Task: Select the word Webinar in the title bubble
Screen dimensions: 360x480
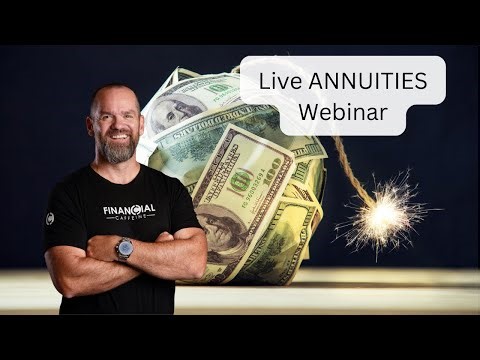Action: tap(340, 107)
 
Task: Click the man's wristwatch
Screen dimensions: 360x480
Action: tap(124, 249)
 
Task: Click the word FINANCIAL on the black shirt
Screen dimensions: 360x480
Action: tap(129, 211)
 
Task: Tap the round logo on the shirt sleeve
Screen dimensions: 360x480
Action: tap(49, 218)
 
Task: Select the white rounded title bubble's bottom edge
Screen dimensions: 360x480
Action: tap(340, 134)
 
